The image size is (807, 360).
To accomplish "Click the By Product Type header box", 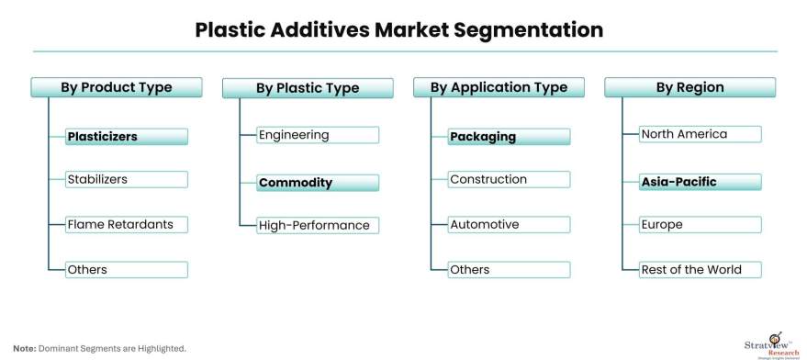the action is pyautogui.click(x=117, y=87).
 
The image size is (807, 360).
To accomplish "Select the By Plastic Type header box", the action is pyautogui.click(x=308, y=88).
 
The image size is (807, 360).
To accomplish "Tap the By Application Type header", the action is pyautogui.click(x=499, y=87).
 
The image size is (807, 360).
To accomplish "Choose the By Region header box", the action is pyautogui.click(x=690, y=87).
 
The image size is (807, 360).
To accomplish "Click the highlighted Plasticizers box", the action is pyautogui.click(x=127, y=137).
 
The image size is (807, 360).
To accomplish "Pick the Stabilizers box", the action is pyautogui.click(x=127, y=179).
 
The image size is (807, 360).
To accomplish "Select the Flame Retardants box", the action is pyautogui.click(x=127, y=225).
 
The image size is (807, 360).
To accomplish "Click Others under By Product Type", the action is pyautogui.click(x=127, y=269).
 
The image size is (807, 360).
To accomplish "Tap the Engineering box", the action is pyautogui.click(x=318, y=135).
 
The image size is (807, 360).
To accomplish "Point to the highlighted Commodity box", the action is pyautogui.click(x=318, y=183).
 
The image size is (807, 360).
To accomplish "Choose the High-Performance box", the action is pyautogui.click(x=318, y=225).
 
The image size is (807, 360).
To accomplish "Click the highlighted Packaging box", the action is pyautogui.click(x=509, y=137).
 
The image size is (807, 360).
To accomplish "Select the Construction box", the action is pyautogui.click(x=509, y=179).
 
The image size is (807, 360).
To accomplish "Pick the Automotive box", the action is pyautogui.click(x=509, y=225).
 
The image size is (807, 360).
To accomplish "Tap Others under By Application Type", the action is pyautogui.click(x=509, y=269).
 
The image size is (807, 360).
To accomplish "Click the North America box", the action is pyautogui.click(x=701, y=134).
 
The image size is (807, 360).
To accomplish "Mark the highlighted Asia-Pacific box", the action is pyautogui.click(x=701, y=182).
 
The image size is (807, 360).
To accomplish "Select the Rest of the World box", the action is pyautogui.click(x=701, y=269).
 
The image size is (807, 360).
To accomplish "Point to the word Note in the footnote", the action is pyautogui.click(x=25, y=349).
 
